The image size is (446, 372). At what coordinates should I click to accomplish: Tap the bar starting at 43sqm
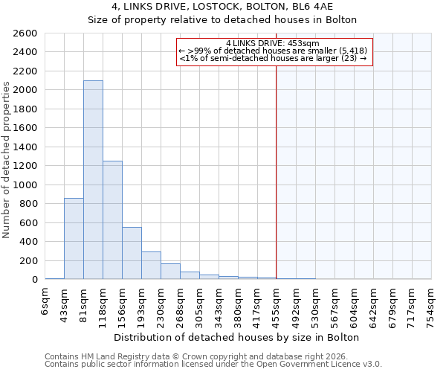click(x=74, y=238)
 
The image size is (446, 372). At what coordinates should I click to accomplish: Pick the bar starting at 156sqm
click(x=132, y=253)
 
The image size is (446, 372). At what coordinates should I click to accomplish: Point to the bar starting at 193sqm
click(x=151, y=266)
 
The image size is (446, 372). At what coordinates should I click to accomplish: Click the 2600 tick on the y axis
click(x=25, y=33)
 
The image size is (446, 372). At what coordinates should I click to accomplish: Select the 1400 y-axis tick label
click(x=25, y=147)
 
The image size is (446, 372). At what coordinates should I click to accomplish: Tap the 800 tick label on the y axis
click(x=28, y=204)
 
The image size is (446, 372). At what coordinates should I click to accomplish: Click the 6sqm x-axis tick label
click(x=45, y=304)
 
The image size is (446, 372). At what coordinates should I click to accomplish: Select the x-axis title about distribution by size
click(x=238, y=337)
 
